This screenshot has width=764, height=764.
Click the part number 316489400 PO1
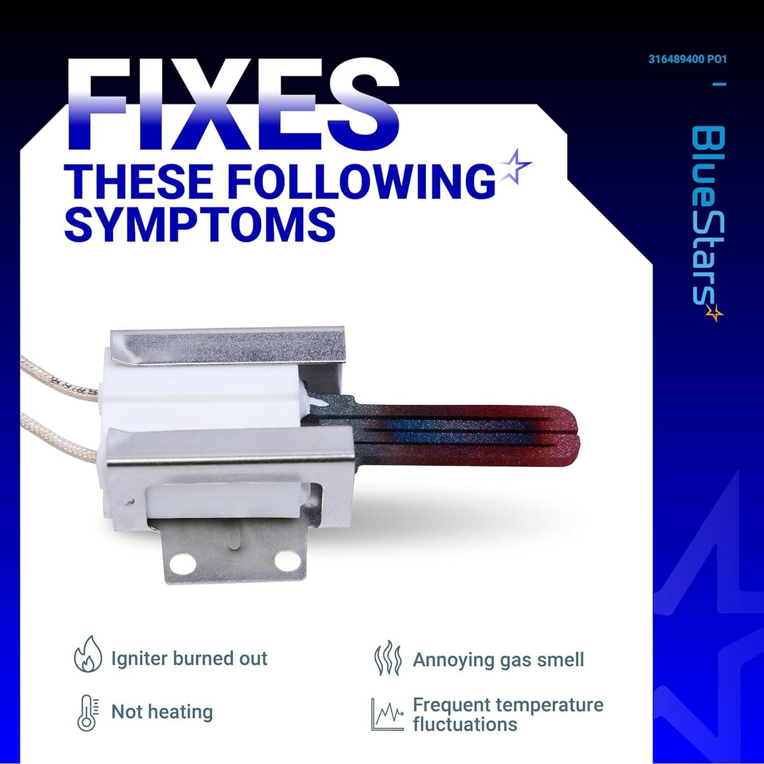pyautogui.click(x=687, y=59)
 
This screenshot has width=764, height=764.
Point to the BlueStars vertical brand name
pyautogui.click(x=708, y=220)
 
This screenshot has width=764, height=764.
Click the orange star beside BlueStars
pyautogui.click(x=714, y=313)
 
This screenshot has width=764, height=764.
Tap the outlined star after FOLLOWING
pyautogui.click(x=514, y=167)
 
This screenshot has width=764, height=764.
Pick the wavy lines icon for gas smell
pyautogui.click(x=388, y=658)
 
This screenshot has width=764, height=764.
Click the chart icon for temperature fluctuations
pyautogui.click(x=387, y=714)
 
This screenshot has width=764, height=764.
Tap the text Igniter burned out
pyautogui.click(x=189, y=658)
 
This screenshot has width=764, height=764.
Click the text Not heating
pyautogui.click(x=162, y=712)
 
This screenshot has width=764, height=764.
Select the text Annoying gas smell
pyautogui.click(x=499, y=660)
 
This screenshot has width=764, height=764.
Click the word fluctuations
pyautogui.click(x=465, y=724)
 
